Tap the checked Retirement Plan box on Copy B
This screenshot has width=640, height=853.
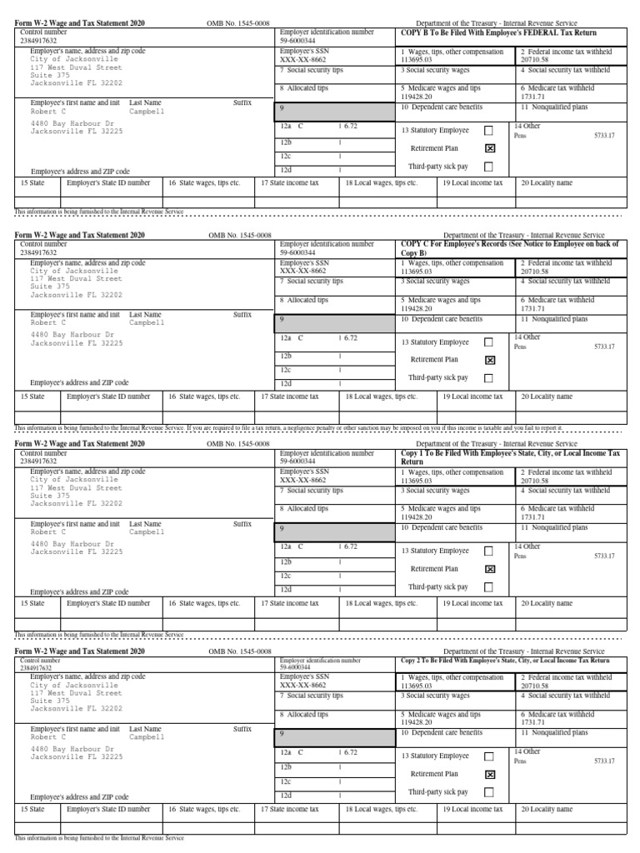[489, 148]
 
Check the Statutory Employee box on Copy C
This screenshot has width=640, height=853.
[489, 342]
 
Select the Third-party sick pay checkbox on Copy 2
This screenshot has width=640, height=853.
[489, 792]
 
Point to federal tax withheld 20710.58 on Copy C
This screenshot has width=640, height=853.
[534, 271]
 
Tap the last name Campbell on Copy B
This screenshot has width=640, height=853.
[147, 111]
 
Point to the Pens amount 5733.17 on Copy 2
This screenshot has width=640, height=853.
[604, 761]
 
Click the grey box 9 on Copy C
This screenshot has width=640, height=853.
[335, 320]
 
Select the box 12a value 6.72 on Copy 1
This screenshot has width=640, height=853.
[350, 546]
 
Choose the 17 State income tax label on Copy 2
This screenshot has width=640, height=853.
[289, 809]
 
